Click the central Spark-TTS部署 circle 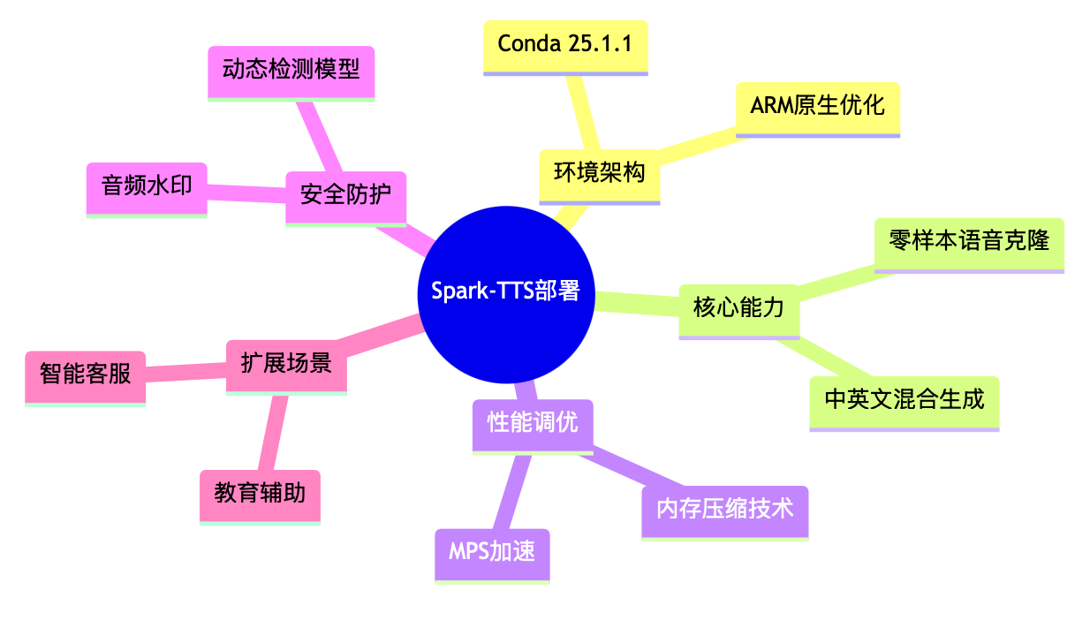(x=505, y=292)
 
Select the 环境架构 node (x=600, y=173)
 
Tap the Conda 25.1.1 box (x=565, y=44)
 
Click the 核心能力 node (x=738, y=308)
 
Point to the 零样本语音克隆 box (x=969, y=241)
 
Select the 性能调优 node (x=533, y=423)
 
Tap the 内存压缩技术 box (x=724, y=510)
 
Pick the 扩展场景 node (x=286, y=363)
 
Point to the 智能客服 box (x=85, y=374)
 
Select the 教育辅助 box (x=260, y=493)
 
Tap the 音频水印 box (x=147, y=186)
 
